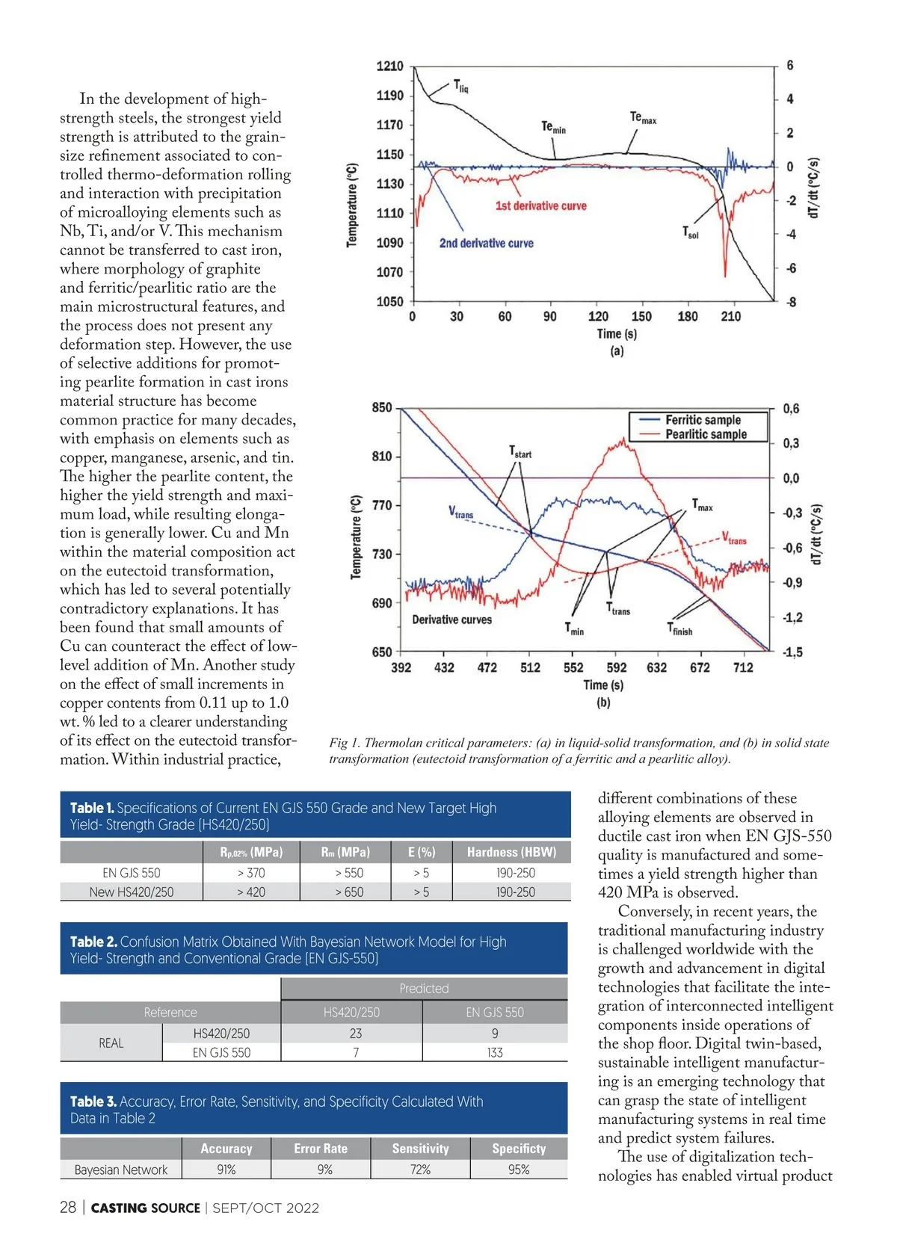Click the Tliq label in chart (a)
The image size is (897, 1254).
[460, 86]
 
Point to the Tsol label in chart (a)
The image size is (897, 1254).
[690, 232]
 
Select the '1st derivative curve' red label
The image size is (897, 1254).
[540, 206]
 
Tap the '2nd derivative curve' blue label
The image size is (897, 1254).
[486, 243]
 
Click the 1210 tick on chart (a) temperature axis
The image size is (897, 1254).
[389, 66]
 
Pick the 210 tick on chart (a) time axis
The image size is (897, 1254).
[730, 316]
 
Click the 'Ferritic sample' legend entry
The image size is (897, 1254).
[703, 420]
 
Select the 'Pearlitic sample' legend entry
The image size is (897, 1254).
[706, 434]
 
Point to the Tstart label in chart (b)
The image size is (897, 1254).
[520, 451]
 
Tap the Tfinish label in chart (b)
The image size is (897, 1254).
[679, 629]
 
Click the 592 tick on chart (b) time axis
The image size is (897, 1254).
[616, 667]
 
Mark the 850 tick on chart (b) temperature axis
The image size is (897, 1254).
[382, 407]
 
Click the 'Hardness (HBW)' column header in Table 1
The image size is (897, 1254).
[511, 852]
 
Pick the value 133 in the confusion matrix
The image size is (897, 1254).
[495, 1052]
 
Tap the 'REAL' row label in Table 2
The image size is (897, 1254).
[111, 1043]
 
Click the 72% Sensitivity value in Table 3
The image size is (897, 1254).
[420, 1170]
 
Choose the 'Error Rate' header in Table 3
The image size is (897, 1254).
[321, 1149]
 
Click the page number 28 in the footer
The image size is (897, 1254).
[68, 1208]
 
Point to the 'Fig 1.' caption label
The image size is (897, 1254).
[345, 743]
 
